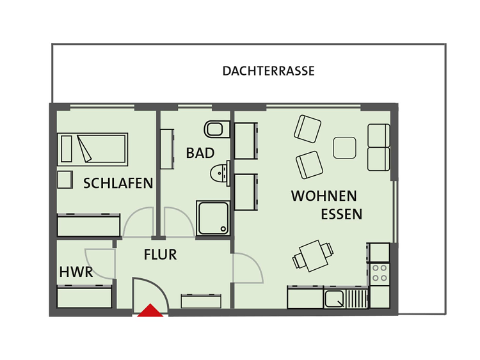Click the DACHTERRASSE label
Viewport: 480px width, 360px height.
click(x=268, y=71)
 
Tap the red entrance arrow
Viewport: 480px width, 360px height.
click(x=150, y=310)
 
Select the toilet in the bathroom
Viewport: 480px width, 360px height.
click(x=217, y=129)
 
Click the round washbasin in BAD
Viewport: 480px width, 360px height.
click(x=220, y=173)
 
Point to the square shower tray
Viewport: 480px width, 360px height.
click(x=213, y=218)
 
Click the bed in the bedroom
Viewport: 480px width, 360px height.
click(x=92, y=149)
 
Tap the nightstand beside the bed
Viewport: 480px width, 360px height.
click(x=65, y=180)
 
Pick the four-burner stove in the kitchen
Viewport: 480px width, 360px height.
click(x=380, y=273)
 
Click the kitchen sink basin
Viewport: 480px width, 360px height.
click(x=333, y=299)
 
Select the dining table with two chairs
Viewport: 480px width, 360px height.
click(x=313, y=256)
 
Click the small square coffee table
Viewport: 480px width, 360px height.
click(x=345, y=148)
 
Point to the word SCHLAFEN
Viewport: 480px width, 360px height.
click(x=118, y=184)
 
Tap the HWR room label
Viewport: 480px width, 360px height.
click(x=76, y=272)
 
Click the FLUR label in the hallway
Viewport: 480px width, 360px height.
click(x=161, y=254)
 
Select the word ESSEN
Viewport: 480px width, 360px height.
click(x=342, y=214)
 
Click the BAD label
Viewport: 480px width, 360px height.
click(x=200, y=153)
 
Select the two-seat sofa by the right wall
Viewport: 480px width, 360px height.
click(x=379, y=148)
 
